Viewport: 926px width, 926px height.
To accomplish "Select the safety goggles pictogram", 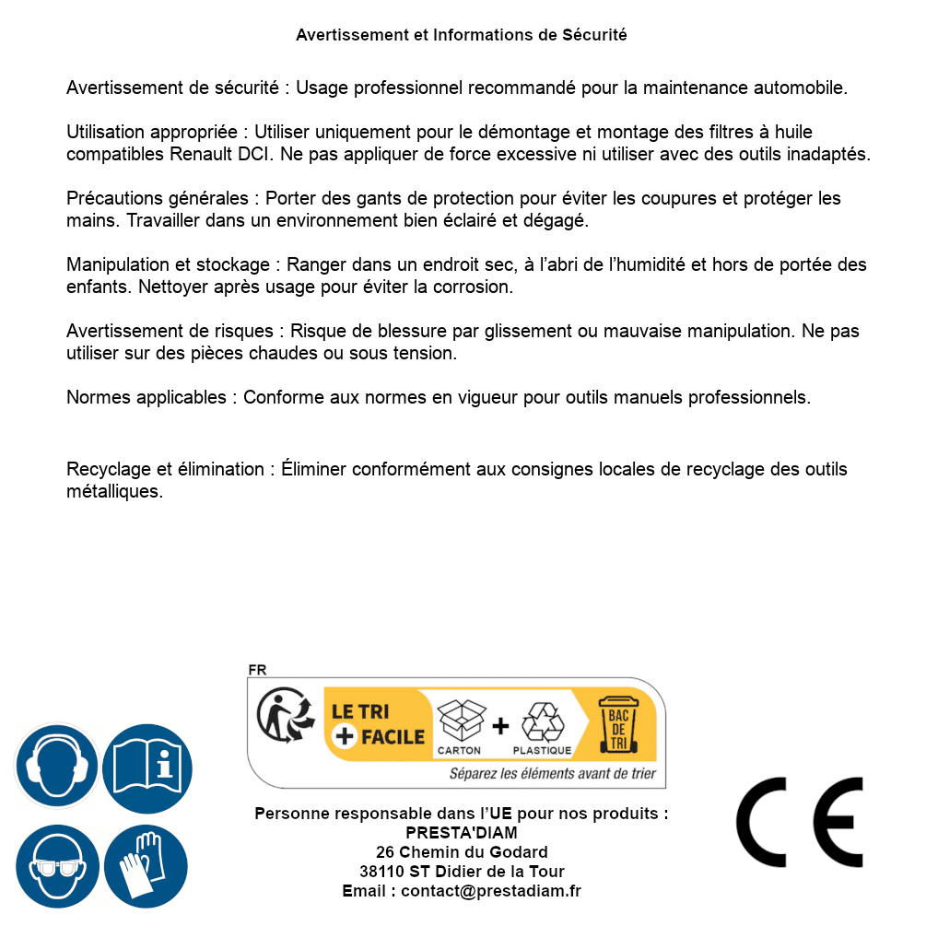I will click(x=57, y=866).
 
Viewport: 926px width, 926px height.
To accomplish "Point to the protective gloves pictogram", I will click(x=147, y=866).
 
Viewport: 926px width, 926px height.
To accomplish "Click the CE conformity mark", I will click(x=800, y=822).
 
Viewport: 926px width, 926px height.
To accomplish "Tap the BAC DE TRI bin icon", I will click(x=616, y=724).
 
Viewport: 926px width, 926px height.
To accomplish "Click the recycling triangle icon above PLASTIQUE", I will click(x=542, y=721).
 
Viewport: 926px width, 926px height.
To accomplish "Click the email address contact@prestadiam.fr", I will click(x=491, y=891).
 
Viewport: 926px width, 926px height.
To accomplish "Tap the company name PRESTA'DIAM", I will click(x=462, y=833).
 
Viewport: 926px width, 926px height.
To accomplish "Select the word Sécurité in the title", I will click(x=594, y=35).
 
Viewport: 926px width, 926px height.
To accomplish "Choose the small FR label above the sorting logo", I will click(x=257, y=670).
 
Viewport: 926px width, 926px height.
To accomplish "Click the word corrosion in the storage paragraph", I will click(x=477, y=287).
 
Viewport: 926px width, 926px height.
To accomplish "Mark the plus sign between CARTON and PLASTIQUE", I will click(x=500, y=726).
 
